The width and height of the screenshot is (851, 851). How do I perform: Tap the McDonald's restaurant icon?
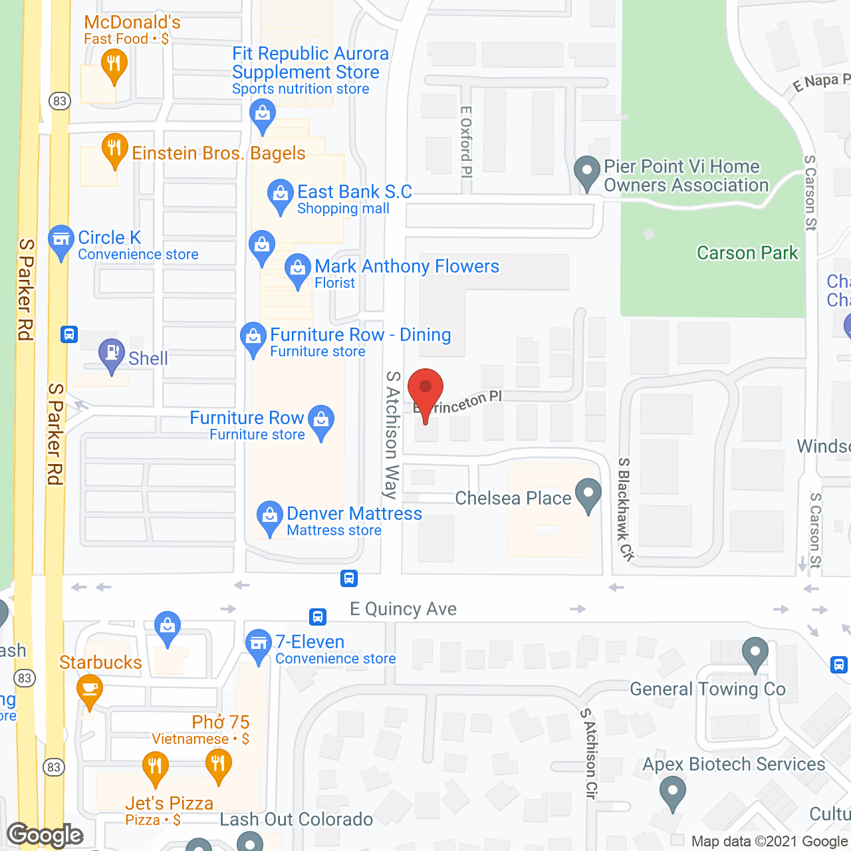[114, 65]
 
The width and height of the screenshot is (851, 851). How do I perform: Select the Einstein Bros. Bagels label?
[218, 154]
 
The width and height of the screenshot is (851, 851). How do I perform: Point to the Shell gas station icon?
[111, 354]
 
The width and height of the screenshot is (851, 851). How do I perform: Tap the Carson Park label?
[747, 253]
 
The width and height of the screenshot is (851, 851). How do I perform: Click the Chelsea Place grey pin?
[588, 495]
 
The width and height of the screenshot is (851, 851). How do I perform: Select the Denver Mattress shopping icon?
[269, 517]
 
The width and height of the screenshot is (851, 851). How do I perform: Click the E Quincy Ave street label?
[403, 609]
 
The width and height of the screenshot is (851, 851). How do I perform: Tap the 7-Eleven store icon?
[259, 644]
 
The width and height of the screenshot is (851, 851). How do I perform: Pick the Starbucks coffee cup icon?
[90, 689]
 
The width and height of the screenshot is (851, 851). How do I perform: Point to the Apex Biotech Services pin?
[672, 792]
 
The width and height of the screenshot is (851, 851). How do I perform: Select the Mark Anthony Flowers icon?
[297, 269]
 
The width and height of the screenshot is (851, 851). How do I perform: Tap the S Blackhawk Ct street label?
[625, 508]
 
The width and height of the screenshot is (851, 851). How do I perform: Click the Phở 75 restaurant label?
[220, 723]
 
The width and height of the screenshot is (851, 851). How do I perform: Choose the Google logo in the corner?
[45, 835]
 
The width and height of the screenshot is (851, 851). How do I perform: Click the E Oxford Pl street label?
[466, 142]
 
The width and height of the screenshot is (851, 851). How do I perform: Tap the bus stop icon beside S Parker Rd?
[69, 334]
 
